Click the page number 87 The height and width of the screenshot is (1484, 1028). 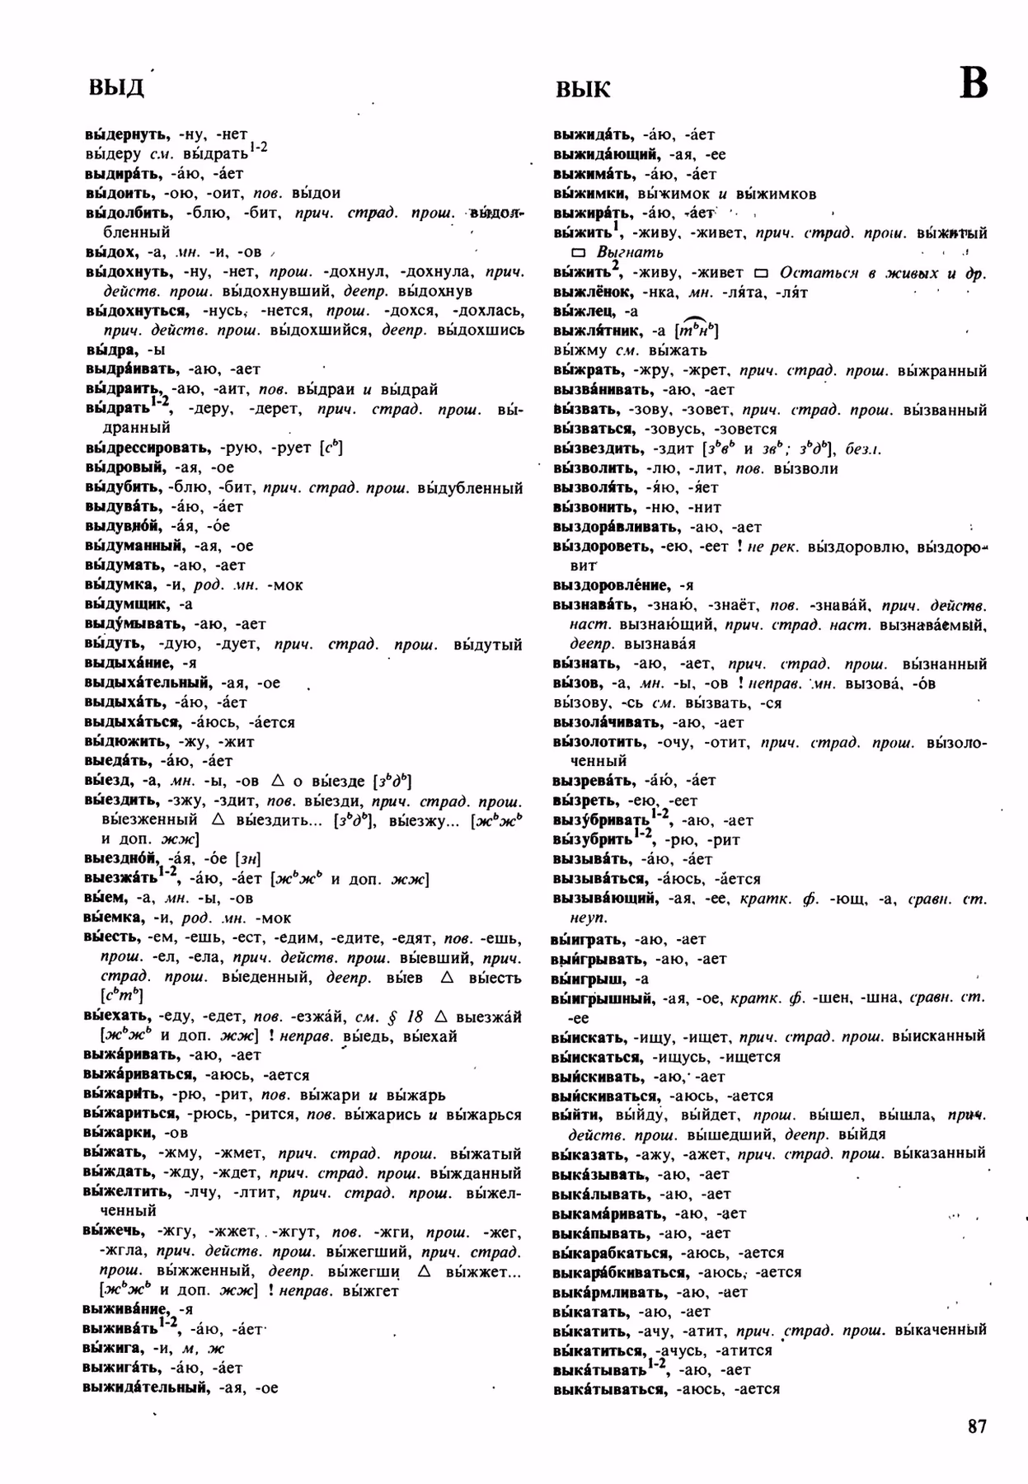[x=977, y=1426]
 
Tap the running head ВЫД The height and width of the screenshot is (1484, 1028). [x=115, y=87]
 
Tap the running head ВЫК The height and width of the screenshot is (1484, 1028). [x=583, y=89]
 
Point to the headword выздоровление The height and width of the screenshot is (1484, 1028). [x=611, y=585]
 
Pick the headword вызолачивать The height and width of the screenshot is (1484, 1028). [x=607, y=722]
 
